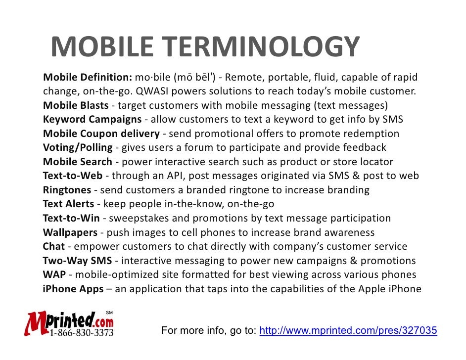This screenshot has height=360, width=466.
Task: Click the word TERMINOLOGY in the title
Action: [261, 48]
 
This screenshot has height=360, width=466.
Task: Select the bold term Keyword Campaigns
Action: [92, 120]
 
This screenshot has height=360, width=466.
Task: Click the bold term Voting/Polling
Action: [78, 148]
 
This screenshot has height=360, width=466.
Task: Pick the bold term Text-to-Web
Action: [72, 176]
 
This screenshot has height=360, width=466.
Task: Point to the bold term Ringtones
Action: [67, 190]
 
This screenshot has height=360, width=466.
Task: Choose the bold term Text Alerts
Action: [69, 204]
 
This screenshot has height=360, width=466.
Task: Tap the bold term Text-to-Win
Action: [71, 219]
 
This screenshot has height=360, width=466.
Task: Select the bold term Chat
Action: [53, 246]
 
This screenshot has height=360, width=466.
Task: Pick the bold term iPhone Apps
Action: [73, 289]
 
